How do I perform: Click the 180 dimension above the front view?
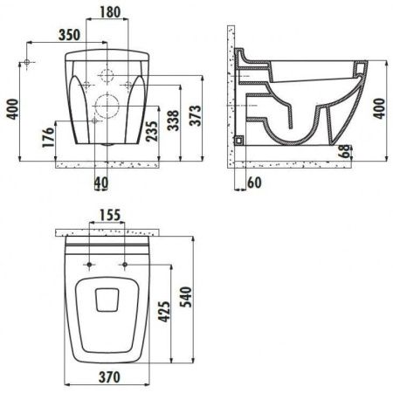[x=109, y=13]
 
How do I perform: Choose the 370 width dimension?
[x=109, y=377]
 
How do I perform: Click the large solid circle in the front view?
[x=109, y=109]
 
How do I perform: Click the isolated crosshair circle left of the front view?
[x=28, y=64]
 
